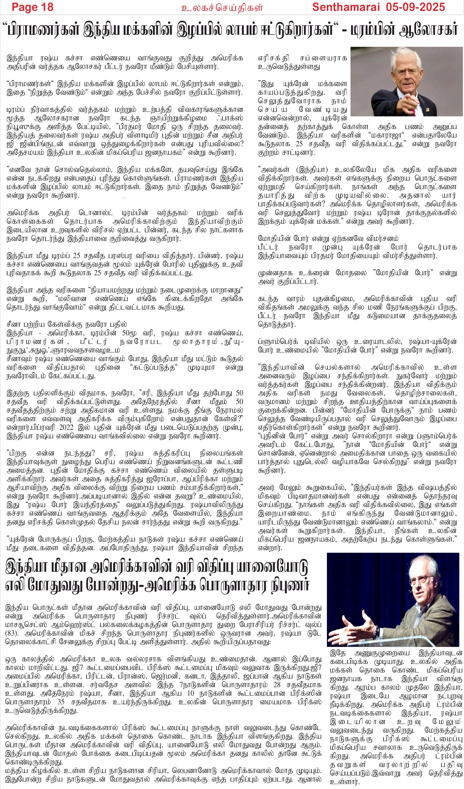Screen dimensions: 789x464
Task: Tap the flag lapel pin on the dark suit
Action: pos(427,110)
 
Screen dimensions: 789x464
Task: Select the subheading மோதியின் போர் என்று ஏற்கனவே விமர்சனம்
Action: pos(328,239)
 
